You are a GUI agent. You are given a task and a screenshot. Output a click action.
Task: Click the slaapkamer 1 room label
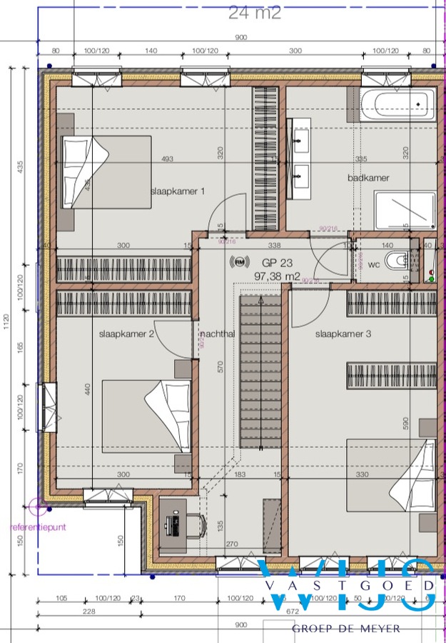point(178,191)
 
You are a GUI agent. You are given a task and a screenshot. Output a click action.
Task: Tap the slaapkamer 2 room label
point(126,334)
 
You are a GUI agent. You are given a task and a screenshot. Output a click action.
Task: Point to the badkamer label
point(369,178)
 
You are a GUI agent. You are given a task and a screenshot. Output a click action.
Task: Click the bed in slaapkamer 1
point(107,171)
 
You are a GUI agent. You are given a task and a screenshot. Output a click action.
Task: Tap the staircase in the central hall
point(260,372)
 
